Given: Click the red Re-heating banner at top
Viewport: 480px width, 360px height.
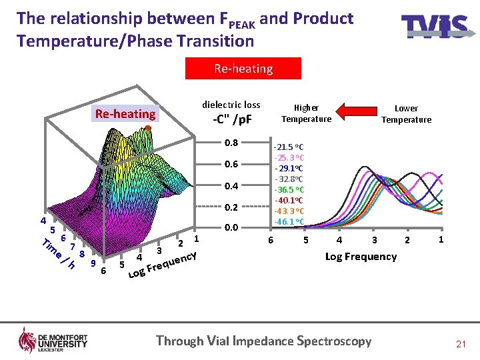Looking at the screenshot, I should tap(243, 69).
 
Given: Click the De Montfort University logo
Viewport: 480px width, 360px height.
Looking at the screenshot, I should tap(53, 340).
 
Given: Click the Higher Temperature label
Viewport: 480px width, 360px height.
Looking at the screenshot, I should tap(306, 113).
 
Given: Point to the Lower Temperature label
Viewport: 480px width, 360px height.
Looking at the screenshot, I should tap(406, 113).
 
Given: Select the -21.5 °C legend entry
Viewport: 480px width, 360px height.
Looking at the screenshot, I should tap(289, 147).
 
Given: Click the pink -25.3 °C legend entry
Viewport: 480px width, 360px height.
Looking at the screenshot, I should tap(289, 157).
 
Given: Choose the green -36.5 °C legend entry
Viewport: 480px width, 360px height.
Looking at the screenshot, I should tap(289, 189).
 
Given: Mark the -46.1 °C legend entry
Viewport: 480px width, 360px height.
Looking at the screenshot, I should tap(289, 221).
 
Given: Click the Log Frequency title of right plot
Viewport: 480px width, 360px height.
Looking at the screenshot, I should tap(361, 257).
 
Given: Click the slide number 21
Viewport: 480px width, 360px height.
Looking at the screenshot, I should tap(460, 344).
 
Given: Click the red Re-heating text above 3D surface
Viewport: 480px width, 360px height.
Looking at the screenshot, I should tap(125, 113).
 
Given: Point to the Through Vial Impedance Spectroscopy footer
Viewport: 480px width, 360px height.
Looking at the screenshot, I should tap(263, 341).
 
